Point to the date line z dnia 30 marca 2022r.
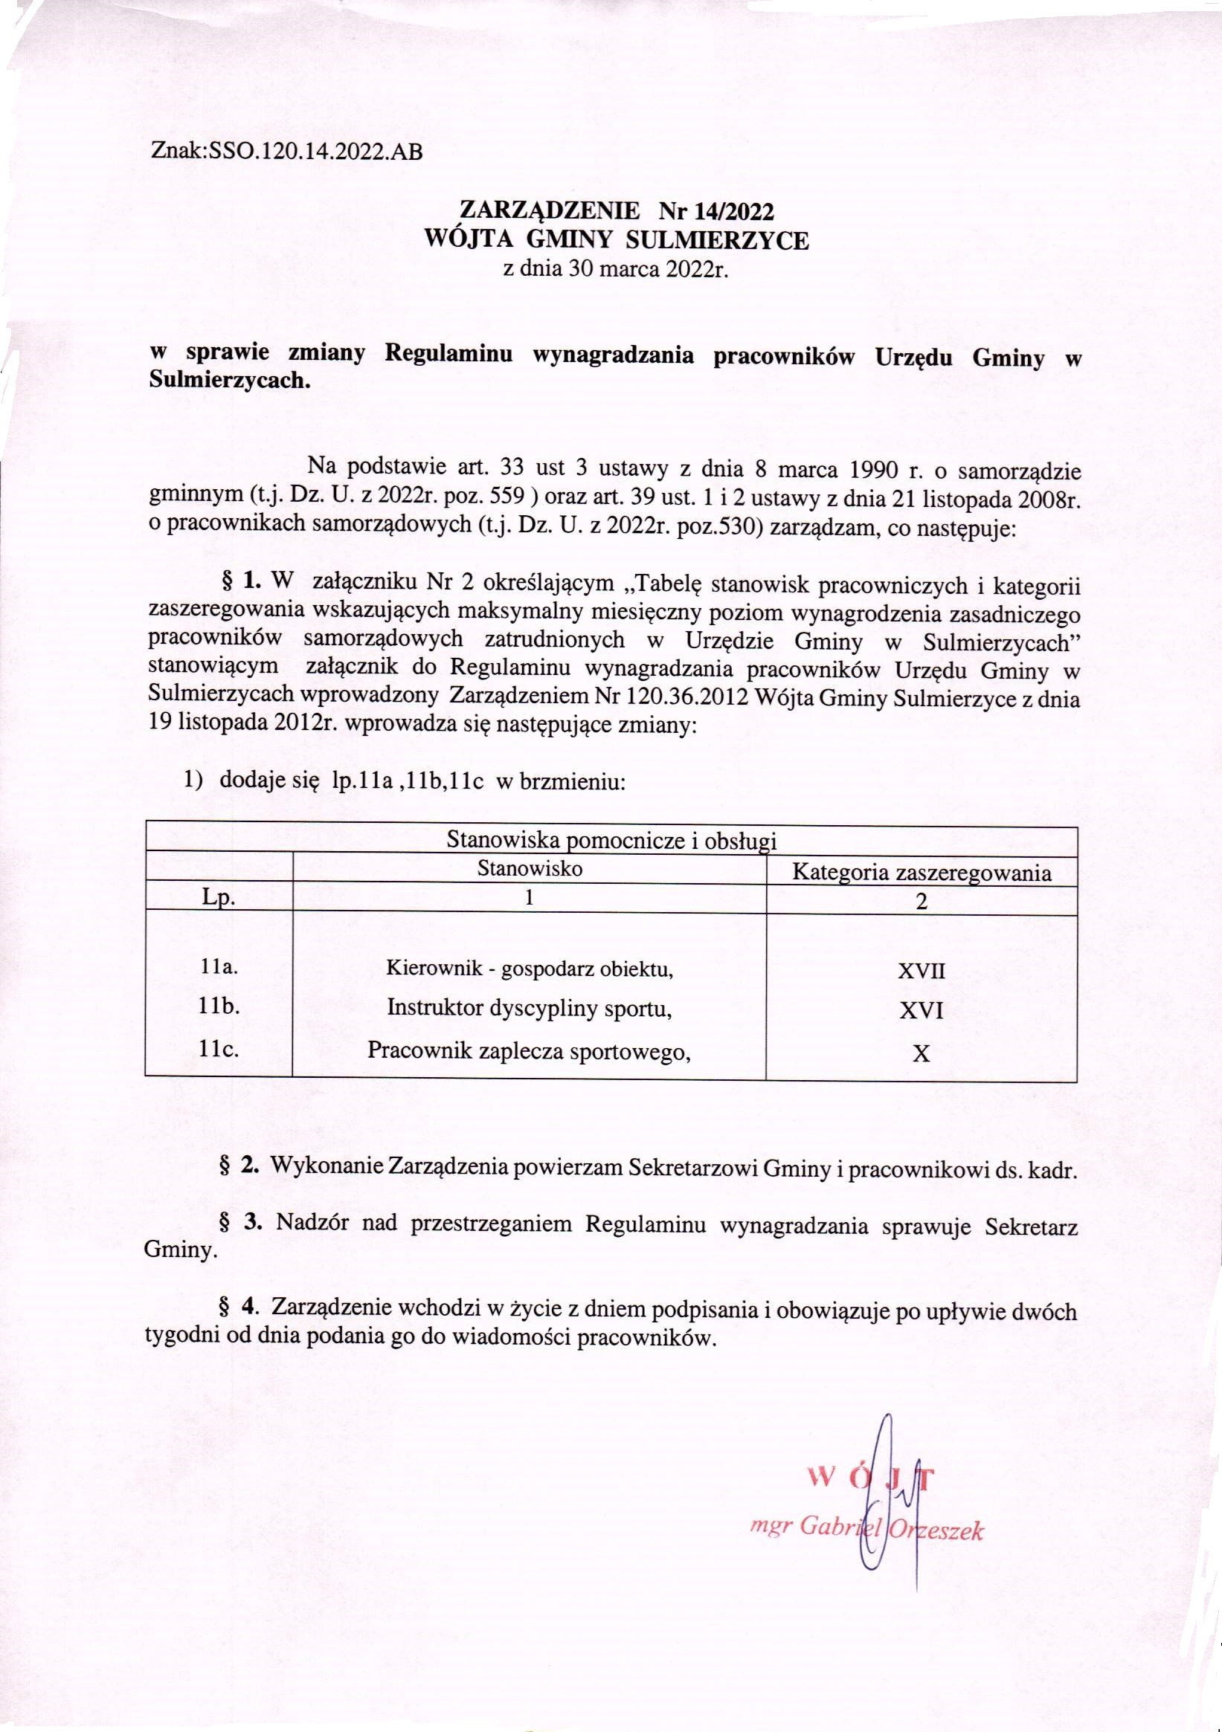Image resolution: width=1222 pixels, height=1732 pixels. click(x=615, y=269)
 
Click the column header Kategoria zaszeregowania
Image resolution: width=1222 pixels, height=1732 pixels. click(x=922, y=873)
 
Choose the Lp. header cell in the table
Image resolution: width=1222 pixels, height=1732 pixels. click(x=218, y=900)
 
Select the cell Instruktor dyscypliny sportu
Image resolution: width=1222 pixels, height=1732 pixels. click(x=530, y=1008)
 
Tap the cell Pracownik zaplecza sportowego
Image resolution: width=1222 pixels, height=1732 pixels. click(x=530, y=1050)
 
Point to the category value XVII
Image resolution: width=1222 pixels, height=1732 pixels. click(x=921, y=971)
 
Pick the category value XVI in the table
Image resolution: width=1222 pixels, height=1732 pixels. click(x=921, y=1011)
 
